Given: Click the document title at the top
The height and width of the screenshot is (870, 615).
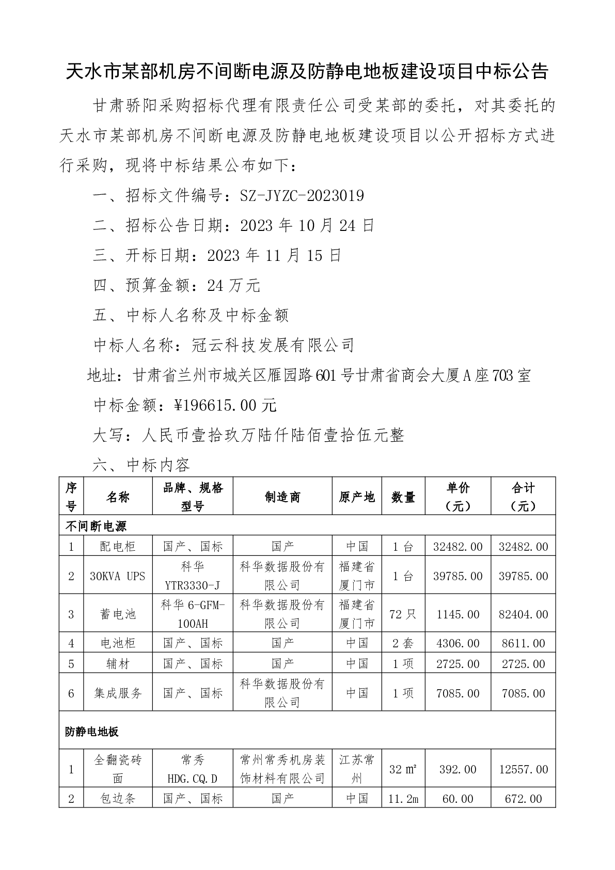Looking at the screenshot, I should (307, 72).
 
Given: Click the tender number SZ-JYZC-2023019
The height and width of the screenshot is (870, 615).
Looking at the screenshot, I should (303, 196).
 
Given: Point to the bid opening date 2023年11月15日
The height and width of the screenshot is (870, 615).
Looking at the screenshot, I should (274, 256).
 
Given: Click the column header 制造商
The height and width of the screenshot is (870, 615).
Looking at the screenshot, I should (282, 497).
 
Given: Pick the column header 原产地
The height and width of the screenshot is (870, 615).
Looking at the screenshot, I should (356, 497).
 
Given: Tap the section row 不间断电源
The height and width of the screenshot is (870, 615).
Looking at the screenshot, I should (96, 526).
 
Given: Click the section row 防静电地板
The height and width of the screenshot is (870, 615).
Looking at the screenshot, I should (92, 732).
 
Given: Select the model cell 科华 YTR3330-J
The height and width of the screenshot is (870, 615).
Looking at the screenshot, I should (192, 576).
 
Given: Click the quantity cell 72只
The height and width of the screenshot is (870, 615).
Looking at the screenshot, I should (403, 614).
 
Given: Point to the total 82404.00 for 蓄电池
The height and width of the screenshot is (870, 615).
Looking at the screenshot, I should (523, 614).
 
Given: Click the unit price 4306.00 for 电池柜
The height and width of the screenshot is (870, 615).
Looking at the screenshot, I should (458, 643).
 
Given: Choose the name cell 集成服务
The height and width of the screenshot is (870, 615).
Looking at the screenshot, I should (118, 693).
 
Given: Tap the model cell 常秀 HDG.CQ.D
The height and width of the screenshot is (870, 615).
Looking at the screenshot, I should (192, 769).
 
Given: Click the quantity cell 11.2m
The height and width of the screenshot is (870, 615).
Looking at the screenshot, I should (403, 799).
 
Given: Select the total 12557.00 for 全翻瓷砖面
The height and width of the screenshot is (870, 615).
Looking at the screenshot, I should (523, 769).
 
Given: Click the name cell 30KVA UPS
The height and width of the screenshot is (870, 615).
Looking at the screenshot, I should (118, 576).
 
